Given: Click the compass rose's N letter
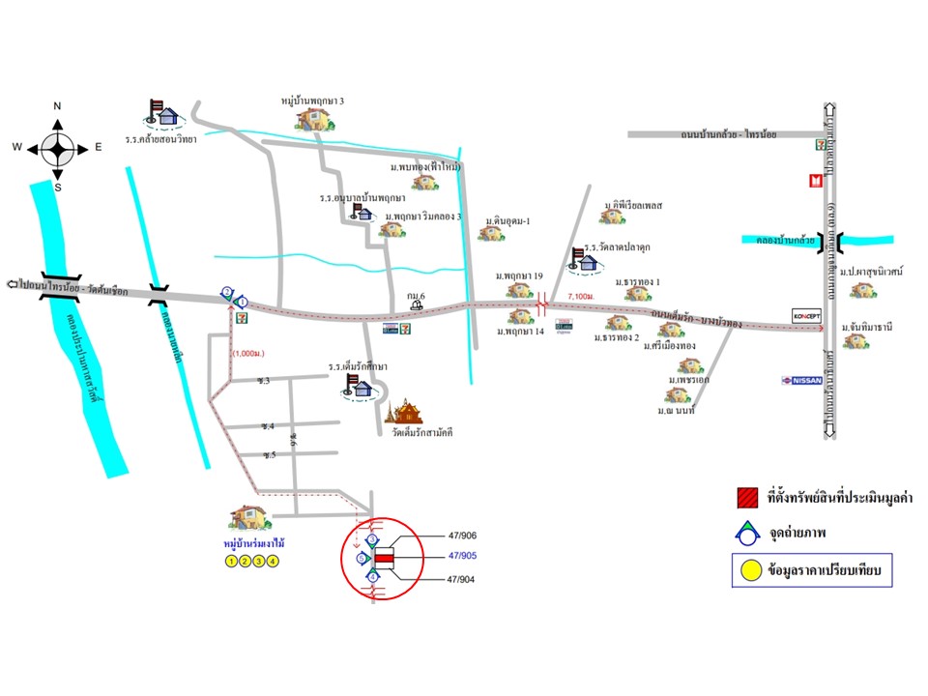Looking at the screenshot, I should click(x=57, y=106).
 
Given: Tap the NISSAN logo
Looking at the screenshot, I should click(x=801, y=380).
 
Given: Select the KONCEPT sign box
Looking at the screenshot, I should click(x=806, y=316).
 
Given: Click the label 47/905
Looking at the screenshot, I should click(x=464, y=557).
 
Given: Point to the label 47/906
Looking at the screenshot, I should click(x=464, y=536).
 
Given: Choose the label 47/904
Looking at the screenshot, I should click(x=464, y=579).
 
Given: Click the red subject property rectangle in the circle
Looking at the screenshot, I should click(x=385, y=559).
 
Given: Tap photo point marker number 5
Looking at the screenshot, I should click(x=362, y=559).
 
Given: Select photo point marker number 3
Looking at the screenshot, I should click(x=372, y=539).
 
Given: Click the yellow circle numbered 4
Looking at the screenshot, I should click(x=274, y=561).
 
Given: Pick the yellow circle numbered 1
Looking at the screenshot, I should click(x=230, y=561).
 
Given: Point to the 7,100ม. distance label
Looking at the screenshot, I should click(x=581, y=297).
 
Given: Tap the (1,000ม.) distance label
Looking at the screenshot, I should click(x=249, y=353).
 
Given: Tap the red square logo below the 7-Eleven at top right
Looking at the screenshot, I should click(x=816, y=180).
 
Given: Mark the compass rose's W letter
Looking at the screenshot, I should click(x=17, y=147).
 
